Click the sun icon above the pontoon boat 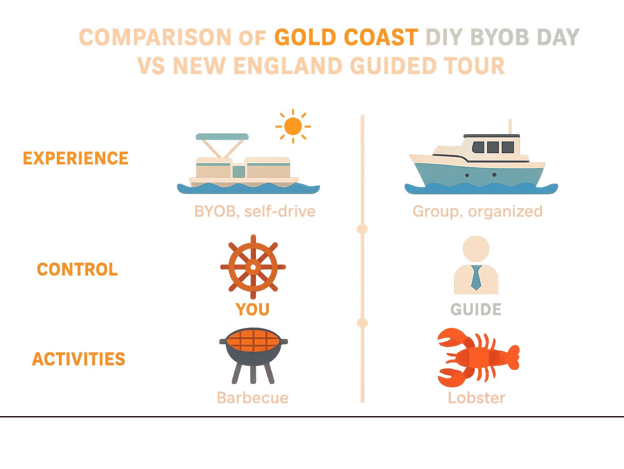coord(293,126)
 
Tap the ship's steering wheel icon coord(253,267)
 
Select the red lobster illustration coord(478,357)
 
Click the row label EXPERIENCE coord(76,158)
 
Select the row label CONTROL coord(77,269)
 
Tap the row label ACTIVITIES coord(78,359)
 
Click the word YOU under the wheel coord(253,310)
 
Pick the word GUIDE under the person coord(476,310)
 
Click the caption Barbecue coord(253,397)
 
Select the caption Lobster coord(477,397)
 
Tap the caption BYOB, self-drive coord(255,211)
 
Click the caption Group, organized coord(477,211)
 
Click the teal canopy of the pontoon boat coord(222,137)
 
